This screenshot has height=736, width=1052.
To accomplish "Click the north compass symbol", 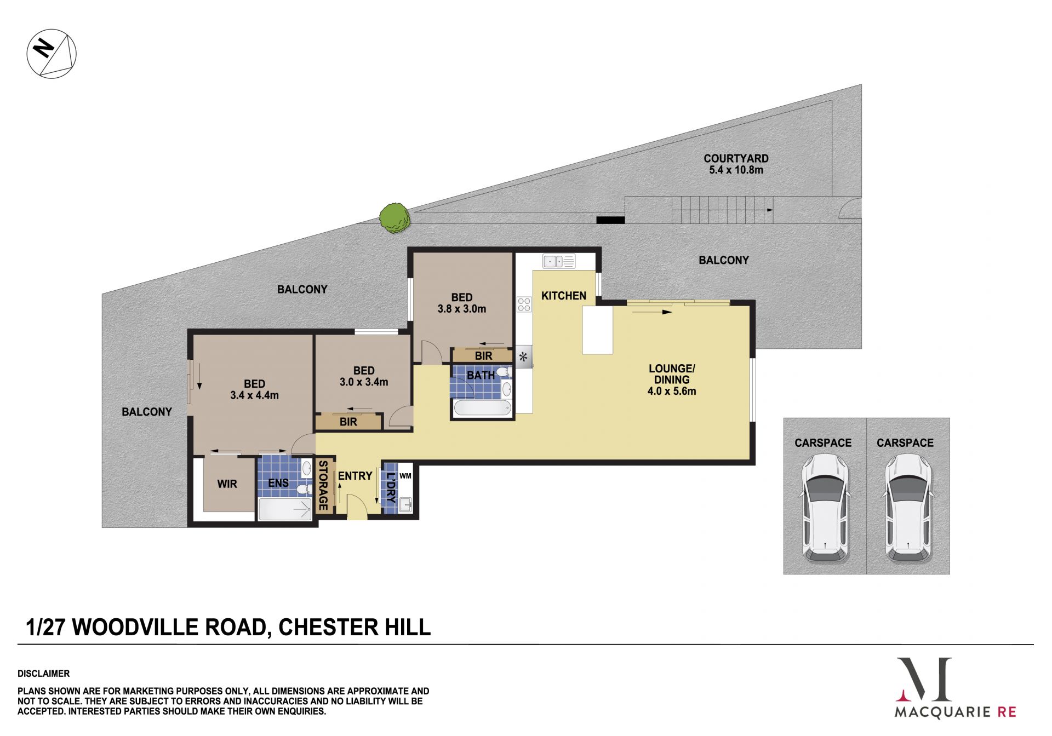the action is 52,54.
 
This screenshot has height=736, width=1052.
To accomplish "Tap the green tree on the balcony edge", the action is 395,218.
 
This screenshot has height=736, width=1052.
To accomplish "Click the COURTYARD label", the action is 736,158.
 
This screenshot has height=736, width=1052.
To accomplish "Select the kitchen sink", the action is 559,261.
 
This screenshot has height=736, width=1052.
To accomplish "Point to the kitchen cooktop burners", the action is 524,304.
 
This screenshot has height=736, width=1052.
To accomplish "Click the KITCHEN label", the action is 563,296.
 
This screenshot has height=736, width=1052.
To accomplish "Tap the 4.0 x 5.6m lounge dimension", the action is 672,391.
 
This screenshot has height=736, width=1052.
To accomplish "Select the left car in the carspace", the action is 825,509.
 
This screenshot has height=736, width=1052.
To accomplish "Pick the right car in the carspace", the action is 908,509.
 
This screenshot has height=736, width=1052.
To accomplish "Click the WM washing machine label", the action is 405,476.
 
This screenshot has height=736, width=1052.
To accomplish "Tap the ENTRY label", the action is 355,476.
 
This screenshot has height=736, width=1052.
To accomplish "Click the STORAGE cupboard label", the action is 323,485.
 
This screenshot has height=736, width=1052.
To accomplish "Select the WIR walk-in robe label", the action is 227,484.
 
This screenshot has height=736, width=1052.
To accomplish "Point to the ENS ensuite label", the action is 278,482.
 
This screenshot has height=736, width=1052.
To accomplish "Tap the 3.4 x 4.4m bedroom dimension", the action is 254,395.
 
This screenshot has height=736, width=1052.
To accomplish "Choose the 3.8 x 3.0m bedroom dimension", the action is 461,309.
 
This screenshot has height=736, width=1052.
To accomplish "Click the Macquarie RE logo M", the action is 924,680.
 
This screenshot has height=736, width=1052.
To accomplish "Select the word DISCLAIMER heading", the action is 43,674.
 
